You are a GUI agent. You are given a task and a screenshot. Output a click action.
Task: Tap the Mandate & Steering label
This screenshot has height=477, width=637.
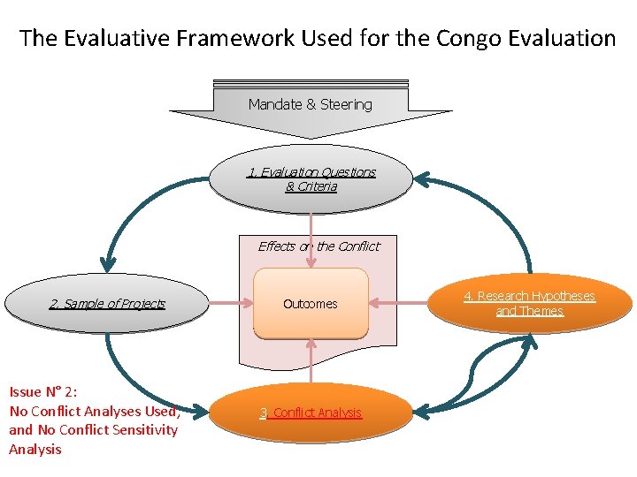click(x=310, y=104)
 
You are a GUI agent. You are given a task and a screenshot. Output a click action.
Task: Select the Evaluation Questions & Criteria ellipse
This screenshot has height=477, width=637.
click(x=311, y=179)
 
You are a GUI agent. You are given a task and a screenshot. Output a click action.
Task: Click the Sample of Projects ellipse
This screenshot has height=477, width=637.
click(x=107, y=304)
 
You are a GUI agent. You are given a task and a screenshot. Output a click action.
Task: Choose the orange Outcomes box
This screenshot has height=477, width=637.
click(x=311, y=304)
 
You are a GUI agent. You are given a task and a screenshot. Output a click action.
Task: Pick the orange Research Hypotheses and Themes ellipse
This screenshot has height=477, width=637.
click(x=530, y=303)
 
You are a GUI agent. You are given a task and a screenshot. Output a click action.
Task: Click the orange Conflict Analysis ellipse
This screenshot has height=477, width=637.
click(x=311, y=413)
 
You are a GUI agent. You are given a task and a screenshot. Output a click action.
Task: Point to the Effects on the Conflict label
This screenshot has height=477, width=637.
click(x=318, y=246)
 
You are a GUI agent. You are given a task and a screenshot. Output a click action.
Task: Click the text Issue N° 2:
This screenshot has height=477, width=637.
click(x=42, y=391)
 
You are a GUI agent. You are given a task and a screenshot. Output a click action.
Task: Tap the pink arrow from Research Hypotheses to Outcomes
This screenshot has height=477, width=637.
click(x=398, y=303)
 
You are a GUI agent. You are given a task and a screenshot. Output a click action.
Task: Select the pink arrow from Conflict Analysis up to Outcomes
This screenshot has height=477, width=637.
click(x=311, y=362)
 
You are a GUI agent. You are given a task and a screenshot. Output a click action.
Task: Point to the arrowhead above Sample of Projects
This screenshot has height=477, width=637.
click(x=108, y=262)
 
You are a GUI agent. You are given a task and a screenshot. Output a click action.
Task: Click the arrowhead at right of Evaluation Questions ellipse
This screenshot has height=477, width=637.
click(x=422, y=180)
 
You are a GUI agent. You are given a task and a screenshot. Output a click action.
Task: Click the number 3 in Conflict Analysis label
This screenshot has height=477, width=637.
click(x=263, y=413)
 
